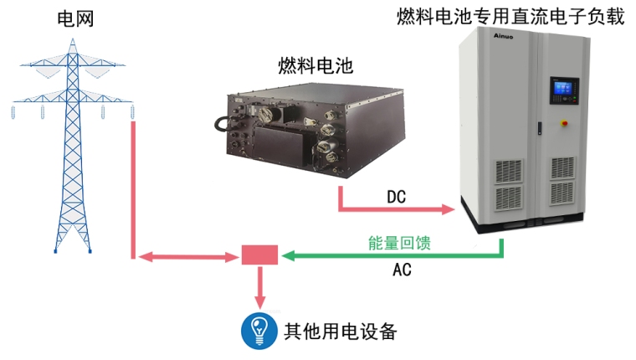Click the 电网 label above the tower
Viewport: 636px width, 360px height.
[74, 18]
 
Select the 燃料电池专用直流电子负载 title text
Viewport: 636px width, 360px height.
[510, 16]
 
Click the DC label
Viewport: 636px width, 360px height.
[397, 197]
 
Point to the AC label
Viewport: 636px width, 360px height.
[402, 270]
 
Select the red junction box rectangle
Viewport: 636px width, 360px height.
[259, 255]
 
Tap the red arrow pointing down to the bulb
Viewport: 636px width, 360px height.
[259, 289]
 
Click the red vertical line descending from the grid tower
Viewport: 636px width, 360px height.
[133, 188]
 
